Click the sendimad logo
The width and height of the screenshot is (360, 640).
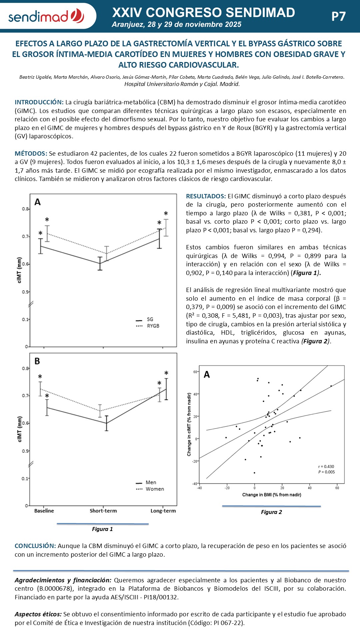(46, 16)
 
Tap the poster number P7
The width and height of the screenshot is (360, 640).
(338, 16)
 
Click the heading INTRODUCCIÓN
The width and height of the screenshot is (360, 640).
(39, 102)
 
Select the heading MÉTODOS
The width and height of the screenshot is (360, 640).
(31, 154)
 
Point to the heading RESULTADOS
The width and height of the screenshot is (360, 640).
(206, 196)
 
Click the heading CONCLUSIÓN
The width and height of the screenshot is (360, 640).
(35, 546)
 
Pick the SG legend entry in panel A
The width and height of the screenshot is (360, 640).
(150, 319)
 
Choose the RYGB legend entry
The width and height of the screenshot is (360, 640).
(153, 326)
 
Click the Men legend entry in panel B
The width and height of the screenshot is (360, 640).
(151, 482)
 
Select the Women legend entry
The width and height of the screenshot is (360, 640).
(154, 489)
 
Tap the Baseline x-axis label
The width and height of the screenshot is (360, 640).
(44, 511)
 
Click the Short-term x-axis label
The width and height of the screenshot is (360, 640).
(103, 511)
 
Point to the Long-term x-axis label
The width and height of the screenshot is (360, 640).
(163, 511)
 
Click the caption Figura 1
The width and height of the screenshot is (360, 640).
(102, 529)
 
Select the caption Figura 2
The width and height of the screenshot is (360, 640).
(271, 512)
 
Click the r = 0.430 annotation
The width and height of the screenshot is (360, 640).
(326, 467)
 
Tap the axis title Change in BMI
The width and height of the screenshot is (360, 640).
(271, 495)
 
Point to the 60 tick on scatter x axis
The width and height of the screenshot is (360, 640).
(337, 488)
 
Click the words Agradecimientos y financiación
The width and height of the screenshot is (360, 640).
(63, 580)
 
